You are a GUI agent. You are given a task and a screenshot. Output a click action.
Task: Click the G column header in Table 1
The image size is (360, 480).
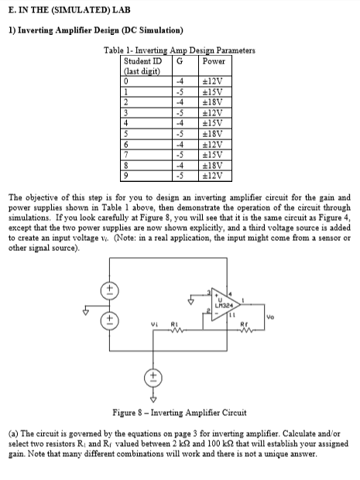click(180, 61)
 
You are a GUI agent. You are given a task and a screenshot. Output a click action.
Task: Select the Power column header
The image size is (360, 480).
click(213, 61)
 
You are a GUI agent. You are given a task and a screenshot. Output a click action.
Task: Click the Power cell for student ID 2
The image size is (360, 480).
click(213, 100)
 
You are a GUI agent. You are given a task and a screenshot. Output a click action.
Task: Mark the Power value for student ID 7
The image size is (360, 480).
click(213, 152)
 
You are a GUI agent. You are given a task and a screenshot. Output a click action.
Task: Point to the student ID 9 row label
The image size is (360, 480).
click(127, 172)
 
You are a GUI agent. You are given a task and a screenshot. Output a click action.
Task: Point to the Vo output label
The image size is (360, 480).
click(270, 316)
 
